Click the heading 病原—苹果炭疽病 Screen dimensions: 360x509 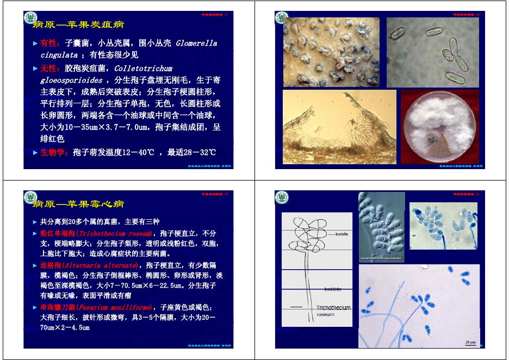click(79, 24)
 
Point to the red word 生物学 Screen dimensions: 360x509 click(53, 152)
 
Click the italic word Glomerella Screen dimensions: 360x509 click(196, 43)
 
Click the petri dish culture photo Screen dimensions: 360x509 click(439, 128)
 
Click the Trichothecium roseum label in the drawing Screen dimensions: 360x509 click(333, 311)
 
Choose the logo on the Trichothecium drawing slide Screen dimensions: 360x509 click(281, 198)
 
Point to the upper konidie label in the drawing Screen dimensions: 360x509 click(342, 234)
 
